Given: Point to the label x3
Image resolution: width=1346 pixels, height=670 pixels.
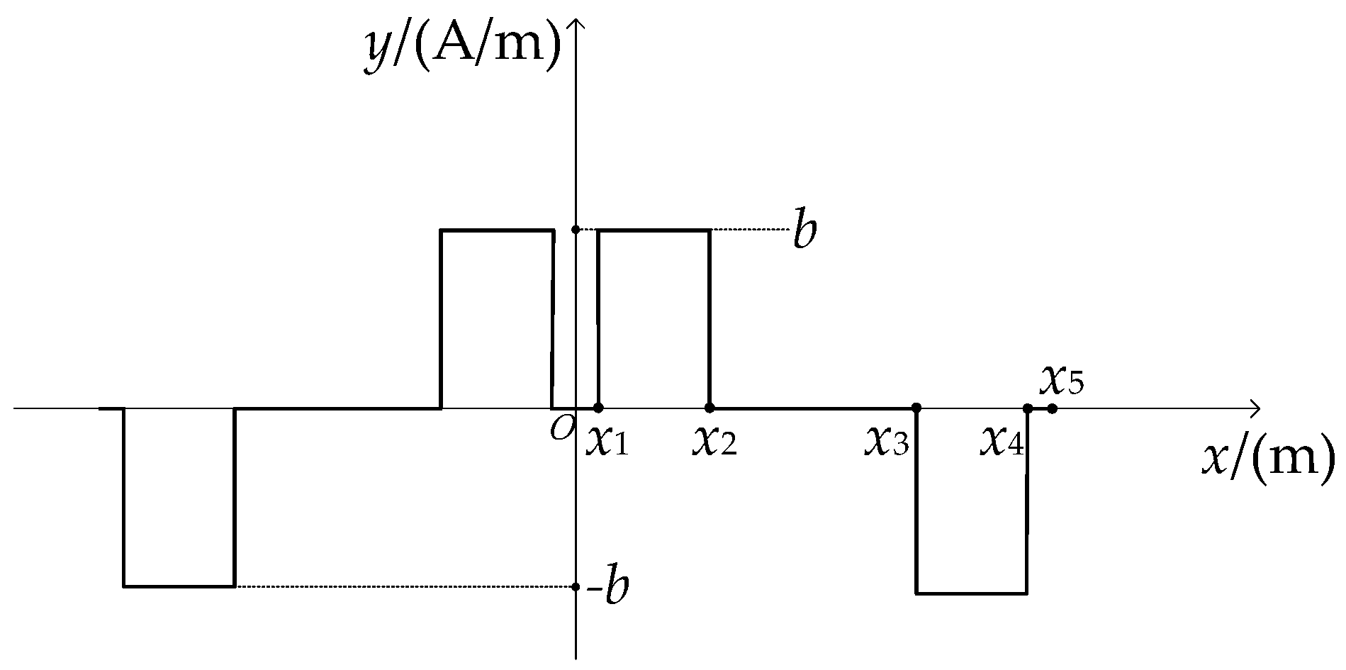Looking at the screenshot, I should pyautogui.click(x=887, y=442).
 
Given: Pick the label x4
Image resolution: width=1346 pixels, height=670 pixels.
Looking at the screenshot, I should pyautogui.click(x=1002, y=442).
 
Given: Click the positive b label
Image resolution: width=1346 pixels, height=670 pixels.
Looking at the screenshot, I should pyautogui.click(x=804, y=230).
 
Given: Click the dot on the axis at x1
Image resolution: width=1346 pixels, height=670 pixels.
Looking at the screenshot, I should pyautogui.click(x=598, y=408).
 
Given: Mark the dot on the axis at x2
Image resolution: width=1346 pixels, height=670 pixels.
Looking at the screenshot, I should pyautogui.click(x=710, y=408).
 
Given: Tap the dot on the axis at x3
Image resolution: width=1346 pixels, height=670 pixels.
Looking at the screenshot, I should pyautogui.click(x=916, y=408).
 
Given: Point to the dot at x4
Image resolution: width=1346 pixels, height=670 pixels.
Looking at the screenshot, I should pyautogui.click(x=1027, y=408).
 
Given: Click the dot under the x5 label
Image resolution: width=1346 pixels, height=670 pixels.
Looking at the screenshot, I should pyautogui.click(x=1052, y=408).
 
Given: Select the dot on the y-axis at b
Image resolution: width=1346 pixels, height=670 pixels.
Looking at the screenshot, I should pyautogui.click(x=576, y=230).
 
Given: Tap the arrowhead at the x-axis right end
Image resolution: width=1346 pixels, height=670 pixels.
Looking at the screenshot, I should pyautogui.click(x=1255, y=408).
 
